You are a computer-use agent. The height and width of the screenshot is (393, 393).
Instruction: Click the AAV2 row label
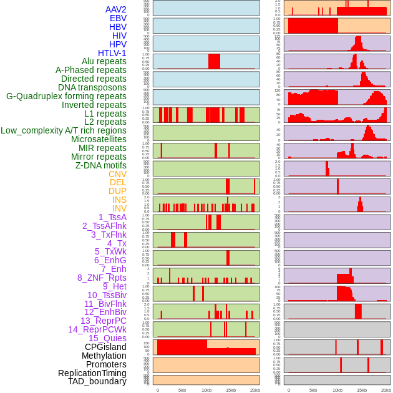(x=115, y=10)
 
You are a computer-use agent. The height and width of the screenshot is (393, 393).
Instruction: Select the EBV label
(x=118, y=19)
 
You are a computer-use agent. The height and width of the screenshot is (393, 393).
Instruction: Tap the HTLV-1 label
(x=112, y=53)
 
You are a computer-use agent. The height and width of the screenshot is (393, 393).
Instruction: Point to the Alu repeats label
(x=104, y=62)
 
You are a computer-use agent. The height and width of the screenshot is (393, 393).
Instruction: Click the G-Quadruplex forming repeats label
(x=66, y=96)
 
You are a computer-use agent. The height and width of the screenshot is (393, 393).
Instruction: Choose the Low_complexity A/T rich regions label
(x=64, y=130)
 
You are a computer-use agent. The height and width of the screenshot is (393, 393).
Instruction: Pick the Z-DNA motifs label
(x=101, y=165)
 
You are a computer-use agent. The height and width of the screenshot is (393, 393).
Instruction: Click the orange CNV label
(x=117, y=174)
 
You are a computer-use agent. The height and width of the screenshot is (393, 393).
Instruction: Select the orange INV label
(x=119, y=208)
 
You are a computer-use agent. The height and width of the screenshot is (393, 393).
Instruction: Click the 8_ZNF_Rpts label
(x=102, y=278)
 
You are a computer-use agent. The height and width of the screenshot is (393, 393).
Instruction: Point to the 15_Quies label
(x=107, y=338)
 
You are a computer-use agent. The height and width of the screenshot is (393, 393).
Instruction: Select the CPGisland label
(x=105, y=347)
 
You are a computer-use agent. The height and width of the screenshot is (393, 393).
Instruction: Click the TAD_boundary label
(x=97, y=381)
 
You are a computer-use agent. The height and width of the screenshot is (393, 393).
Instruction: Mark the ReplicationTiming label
(x=92, y=373)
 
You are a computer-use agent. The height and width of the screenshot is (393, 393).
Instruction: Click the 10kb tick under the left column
(x=206, y=390)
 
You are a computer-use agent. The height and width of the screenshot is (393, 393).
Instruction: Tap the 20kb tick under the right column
(x=386, y=390)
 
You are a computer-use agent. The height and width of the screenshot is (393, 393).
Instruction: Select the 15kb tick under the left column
(x=231, y=390)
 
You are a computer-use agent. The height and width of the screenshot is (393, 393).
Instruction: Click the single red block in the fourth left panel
(x=214, y=61)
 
